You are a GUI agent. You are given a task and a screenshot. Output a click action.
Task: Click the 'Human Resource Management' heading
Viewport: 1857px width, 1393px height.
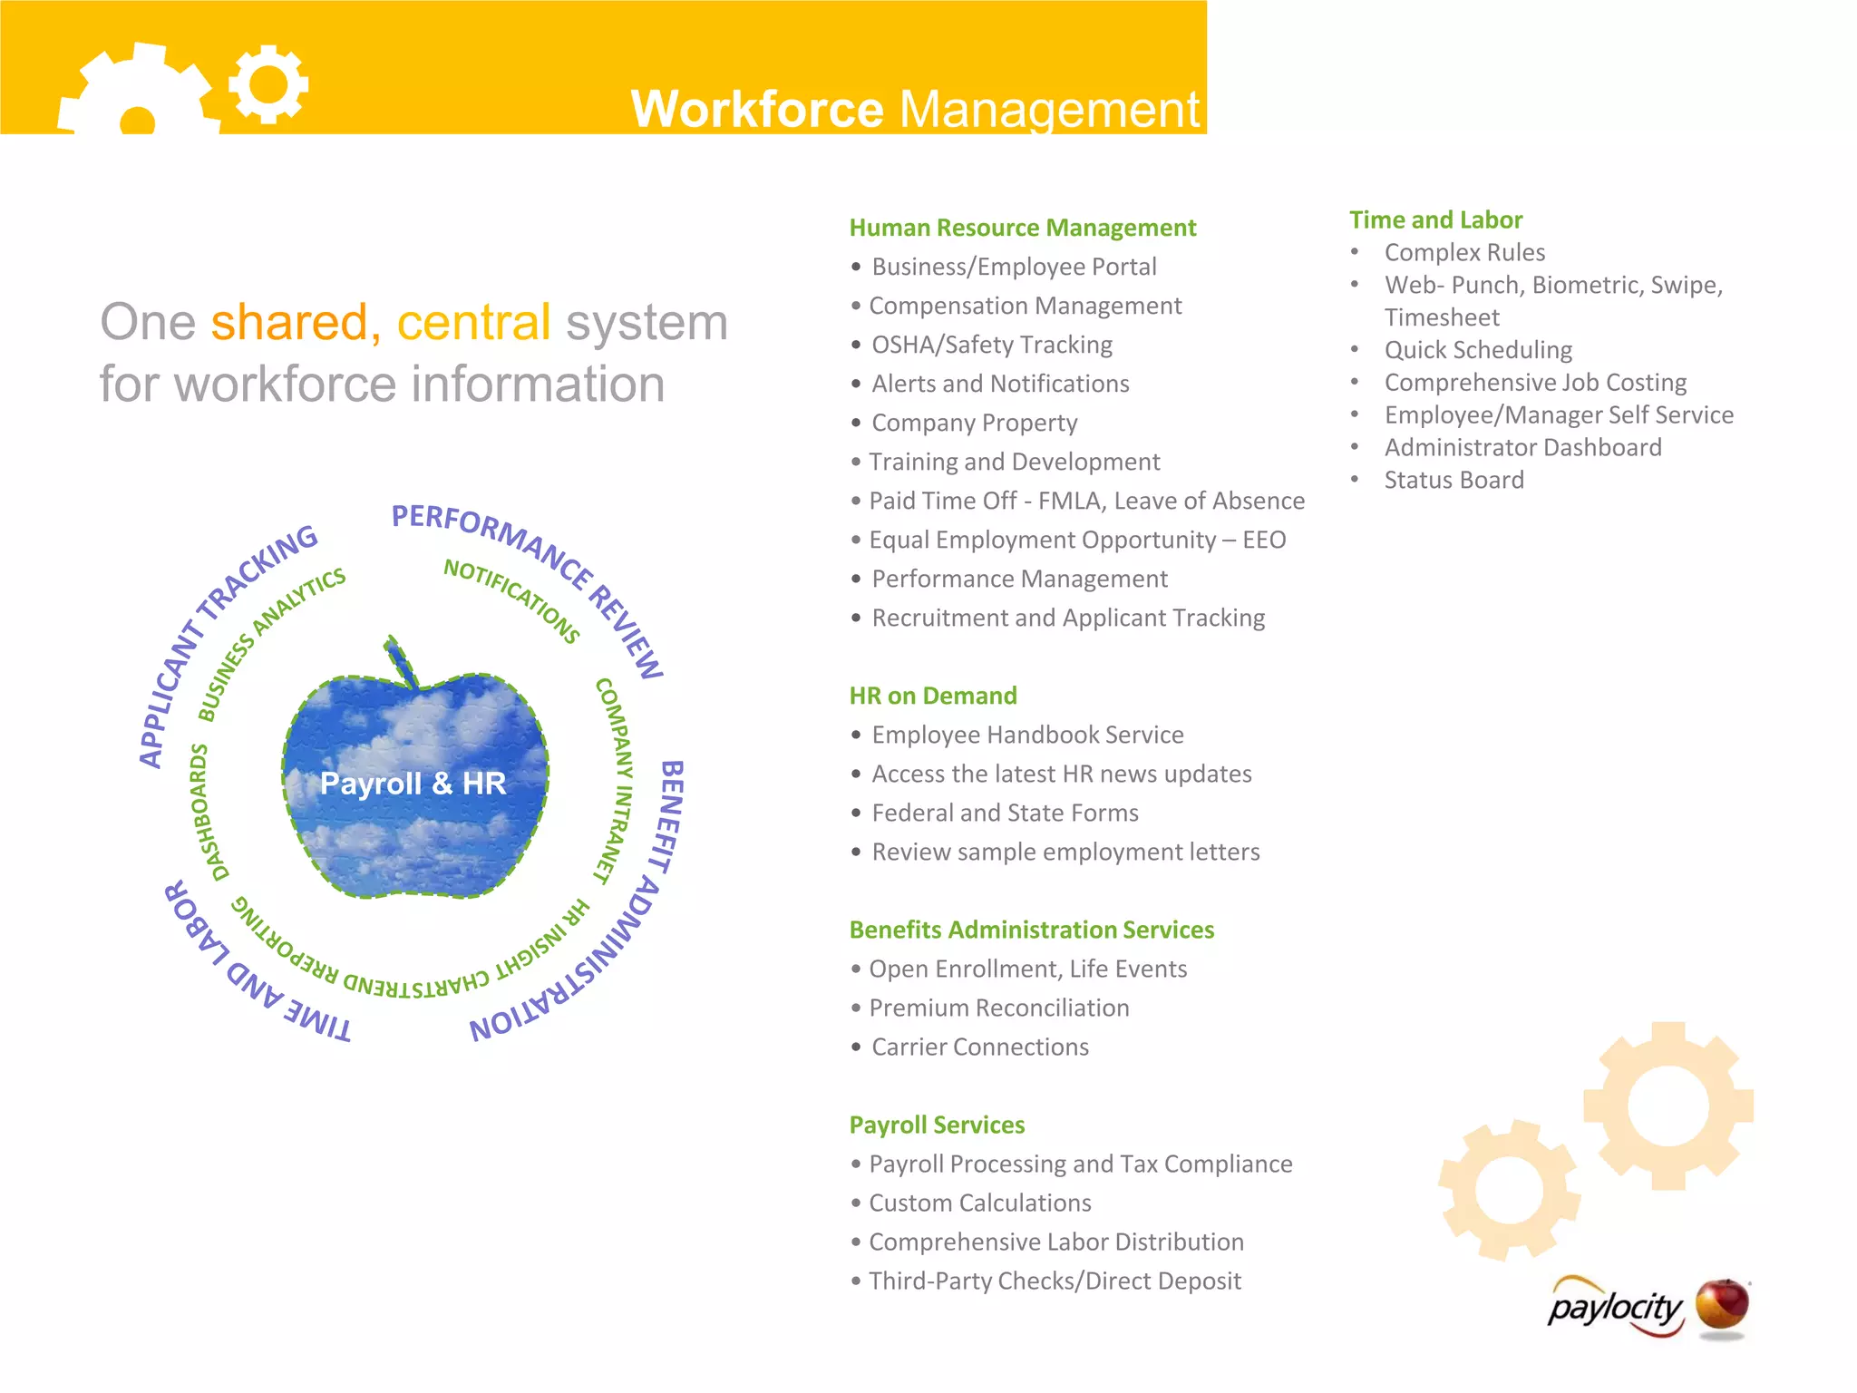tap(1022, 228)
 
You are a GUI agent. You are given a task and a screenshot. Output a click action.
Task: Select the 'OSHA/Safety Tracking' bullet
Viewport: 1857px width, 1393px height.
tap(991, 345)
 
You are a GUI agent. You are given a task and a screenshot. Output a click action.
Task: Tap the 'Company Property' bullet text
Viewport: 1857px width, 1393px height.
tap(974, 423)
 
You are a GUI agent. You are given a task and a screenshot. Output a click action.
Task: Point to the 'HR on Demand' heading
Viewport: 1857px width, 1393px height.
tap(932, 696)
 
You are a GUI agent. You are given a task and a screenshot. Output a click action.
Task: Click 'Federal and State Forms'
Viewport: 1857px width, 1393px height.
tap(1005, 813)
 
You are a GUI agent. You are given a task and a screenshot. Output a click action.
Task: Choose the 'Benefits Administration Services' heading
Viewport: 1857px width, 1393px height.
tap(1031, 930)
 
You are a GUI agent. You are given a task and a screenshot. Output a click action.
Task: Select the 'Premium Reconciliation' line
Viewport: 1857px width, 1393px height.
tap(998, 1008)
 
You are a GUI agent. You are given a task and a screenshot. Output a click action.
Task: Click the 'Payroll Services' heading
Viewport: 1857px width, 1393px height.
tap(937, 1125)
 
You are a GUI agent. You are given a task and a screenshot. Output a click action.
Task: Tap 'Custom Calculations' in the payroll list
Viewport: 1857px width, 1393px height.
tap(979, 1203)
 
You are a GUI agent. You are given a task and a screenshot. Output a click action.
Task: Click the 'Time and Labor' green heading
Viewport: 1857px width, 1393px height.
tap(1435, 219)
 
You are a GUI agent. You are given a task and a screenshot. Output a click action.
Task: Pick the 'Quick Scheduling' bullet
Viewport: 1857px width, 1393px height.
tap(1478, 350)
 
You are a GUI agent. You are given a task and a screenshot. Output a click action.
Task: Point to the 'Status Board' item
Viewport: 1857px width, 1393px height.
tap(1454, 480)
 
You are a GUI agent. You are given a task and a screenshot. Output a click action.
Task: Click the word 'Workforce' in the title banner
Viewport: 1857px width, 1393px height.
tap(757, 109)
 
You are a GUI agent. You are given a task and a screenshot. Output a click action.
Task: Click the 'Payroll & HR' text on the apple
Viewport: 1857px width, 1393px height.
tap(413, 784)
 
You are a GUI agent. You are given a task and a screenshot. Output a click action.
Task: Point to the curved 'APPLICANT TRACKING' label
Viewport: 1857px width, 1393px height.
tap(222, 639)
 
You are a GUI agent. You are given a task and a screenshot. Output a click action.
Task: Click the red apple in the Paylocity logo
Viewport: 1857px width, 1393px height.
tap(1722, 1307)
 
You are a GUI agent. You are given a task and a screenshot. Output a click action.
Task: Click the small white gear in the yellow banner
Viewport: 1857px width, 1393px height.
tap(268, 84)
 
